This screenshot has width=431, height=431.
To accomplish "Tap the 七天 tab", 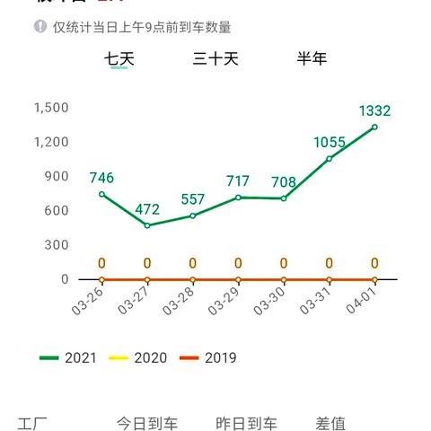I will (x=119, y=59).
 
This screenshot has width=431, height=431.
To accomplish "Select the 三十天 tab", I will (x=215, y=59).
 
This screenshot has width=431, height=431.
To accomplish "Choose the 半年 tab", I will (x=312, y=59).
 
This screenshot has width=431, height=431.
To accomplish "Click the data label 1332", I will (x=374, y=111).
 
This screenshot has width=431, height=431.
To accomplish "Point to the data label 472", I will (x=147, y=210).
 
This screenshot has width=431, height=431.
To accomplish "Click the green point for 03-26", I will (x=101, y=194).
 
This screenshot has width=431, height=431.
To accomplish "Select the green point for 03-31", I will (x=330, y=159).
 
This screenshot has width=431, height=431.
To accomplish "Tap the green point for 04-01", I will (x=374, y=128).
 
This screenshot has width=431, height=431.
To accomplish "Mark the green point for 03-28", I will (x=193, y=215).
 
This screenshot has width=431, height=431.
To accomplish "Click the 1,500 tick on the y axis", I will (x=51, y=108).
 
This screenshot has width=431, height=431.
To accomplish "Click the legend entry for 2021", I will (x=67, y=358).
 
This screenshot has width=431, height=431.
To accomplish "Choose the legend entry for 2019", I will (x=208, y=358).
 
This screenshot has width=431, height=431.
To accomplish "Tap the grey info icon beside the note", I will (x=40, y=27).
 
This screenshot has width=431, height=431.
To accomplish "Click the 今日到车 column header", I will (x=147, y=424).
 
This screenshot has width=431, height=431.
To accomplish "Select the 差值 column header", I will (x=330, y=424).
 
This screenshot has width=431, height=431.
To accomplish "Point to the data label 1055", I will (x=330, y=143).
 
